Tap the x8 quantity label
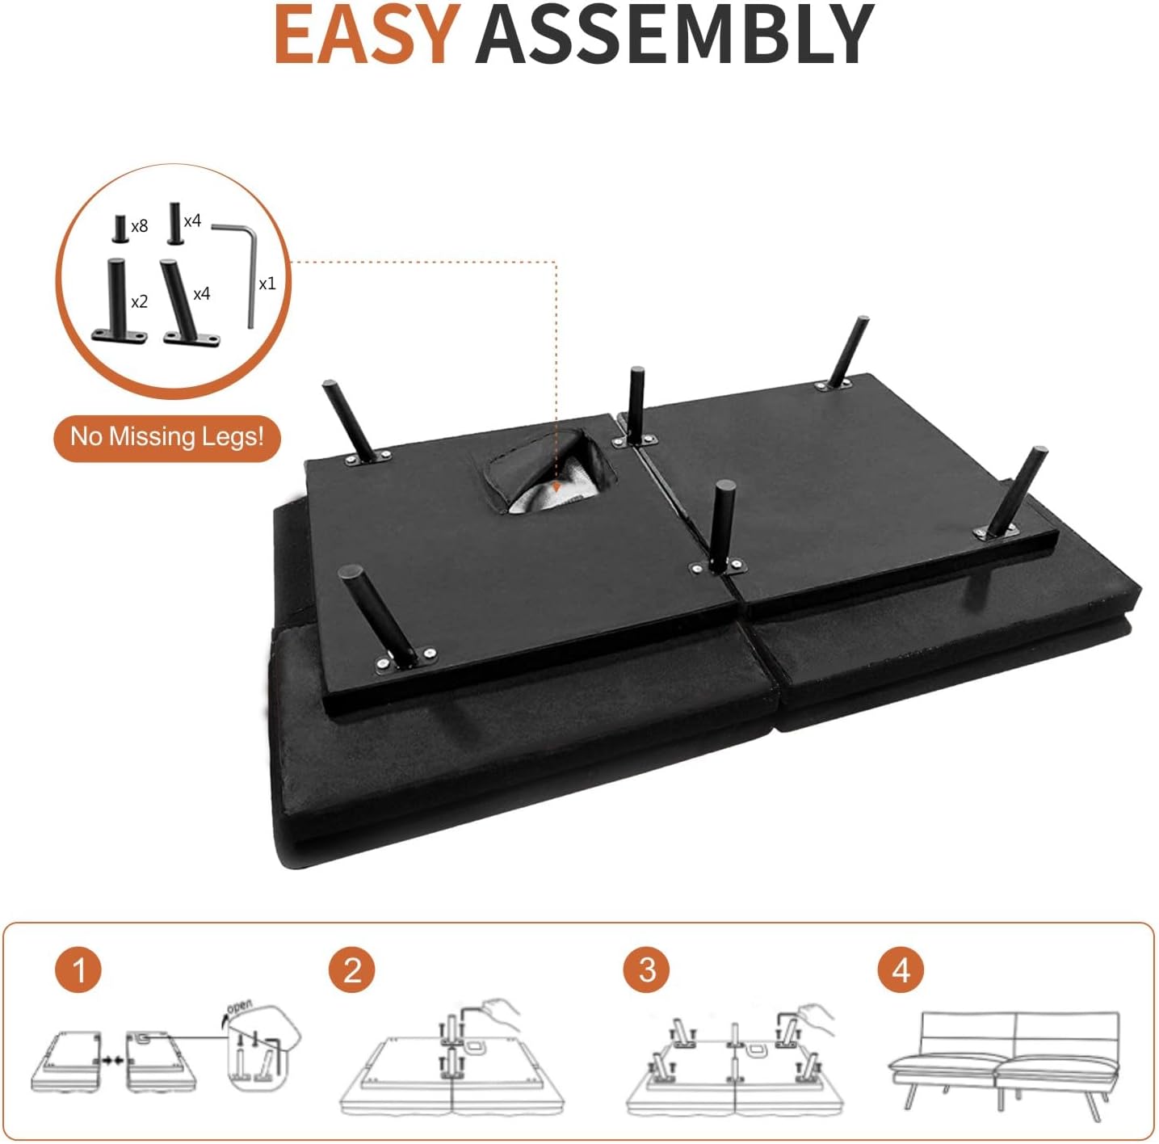click(139, 225)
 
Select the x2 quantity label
click(139, 301)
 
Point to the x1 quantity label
click(267, 284)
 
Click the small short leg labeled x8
click(120, 229)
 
